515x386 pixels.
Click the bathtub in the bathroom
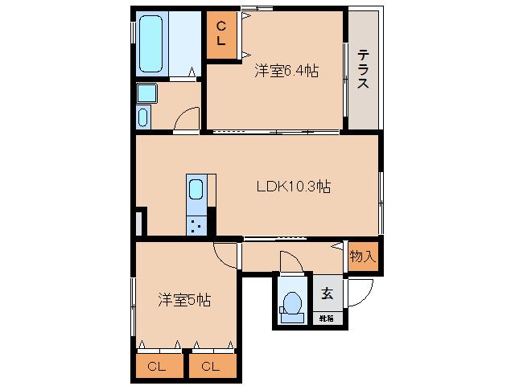pos(152,45)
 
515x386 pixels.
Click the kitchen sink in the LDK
pos(196,191)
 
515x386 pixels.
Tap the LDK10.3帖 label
pos(294,187)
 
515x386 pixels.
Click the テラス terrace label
pos(363,70)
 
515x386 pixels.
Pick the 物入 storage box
pos(362,257)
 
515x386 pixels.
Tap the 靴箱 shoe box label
pos(326,318)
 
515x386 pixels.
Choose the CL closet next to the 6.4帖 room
pos(221,35)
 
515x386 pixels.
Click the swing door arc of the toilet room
pos(290,261)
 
